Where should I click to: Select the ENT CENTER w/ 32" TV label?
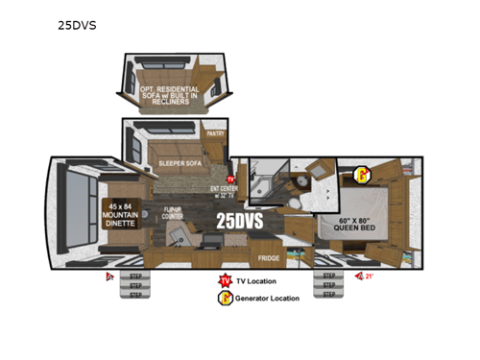(223, 191)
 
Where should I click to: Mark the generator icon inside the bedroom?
(364, 174)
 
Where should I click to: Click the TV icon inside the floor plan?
(230, 179)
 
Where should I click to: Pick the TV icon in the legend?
(224, 280)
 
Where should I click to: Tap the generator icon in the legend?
(224, 298)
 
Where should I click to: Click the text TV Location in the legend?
(260, 281)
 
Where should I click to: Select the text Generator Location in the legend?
(269, 298)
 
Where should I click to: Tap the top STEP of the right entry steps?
(328, 276)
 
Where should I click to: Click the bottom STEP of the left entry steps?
(134, 294)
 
